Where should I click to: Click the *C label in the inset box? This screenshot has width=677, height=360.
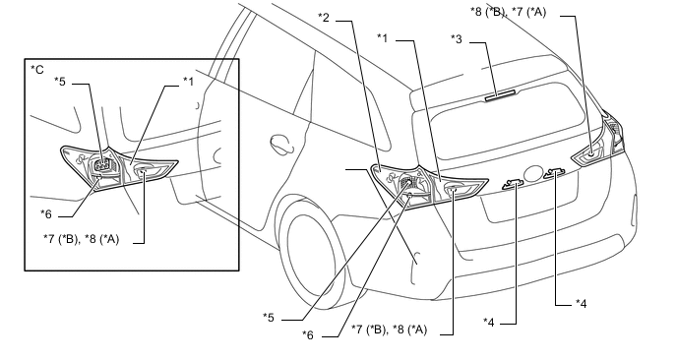tap(37, 70)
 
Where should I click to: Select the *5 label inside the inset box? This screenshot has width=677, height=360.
tap(60, 82)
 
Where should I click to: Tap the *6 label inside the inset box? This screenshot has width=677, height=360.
tap(46, 214)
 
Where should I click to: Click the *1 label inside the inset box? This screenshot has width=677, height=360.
tap(188, 82)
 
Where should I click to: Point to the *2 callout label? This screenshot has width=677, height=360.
tap(324, 18)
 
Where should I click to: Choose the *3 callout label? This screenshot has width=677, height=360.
tap(457, 39)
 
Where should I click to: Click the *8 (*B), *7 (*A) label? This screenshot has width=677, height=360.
tap(508, 12)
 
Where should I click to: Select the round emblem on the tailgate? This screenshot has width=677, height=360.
tap(535, 173)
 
